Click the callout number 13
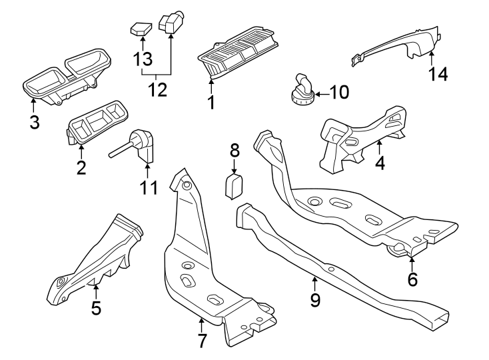point(143,59)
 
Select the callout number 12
point(157,89)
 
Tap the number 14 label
point(438,74)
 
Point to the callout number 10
point(339,93)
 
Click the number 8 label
point(235,150)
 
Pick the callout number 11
point(149,187)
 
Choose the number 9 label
point(315,300)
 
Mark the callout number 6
point(412,279)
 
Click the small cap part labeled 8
point(234,187)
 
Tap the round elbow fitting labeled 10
point(301,91)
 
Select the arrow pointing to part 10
point(322,93)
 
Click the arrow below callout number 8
point(235,165)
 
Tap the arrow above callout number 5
point(96,291)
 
